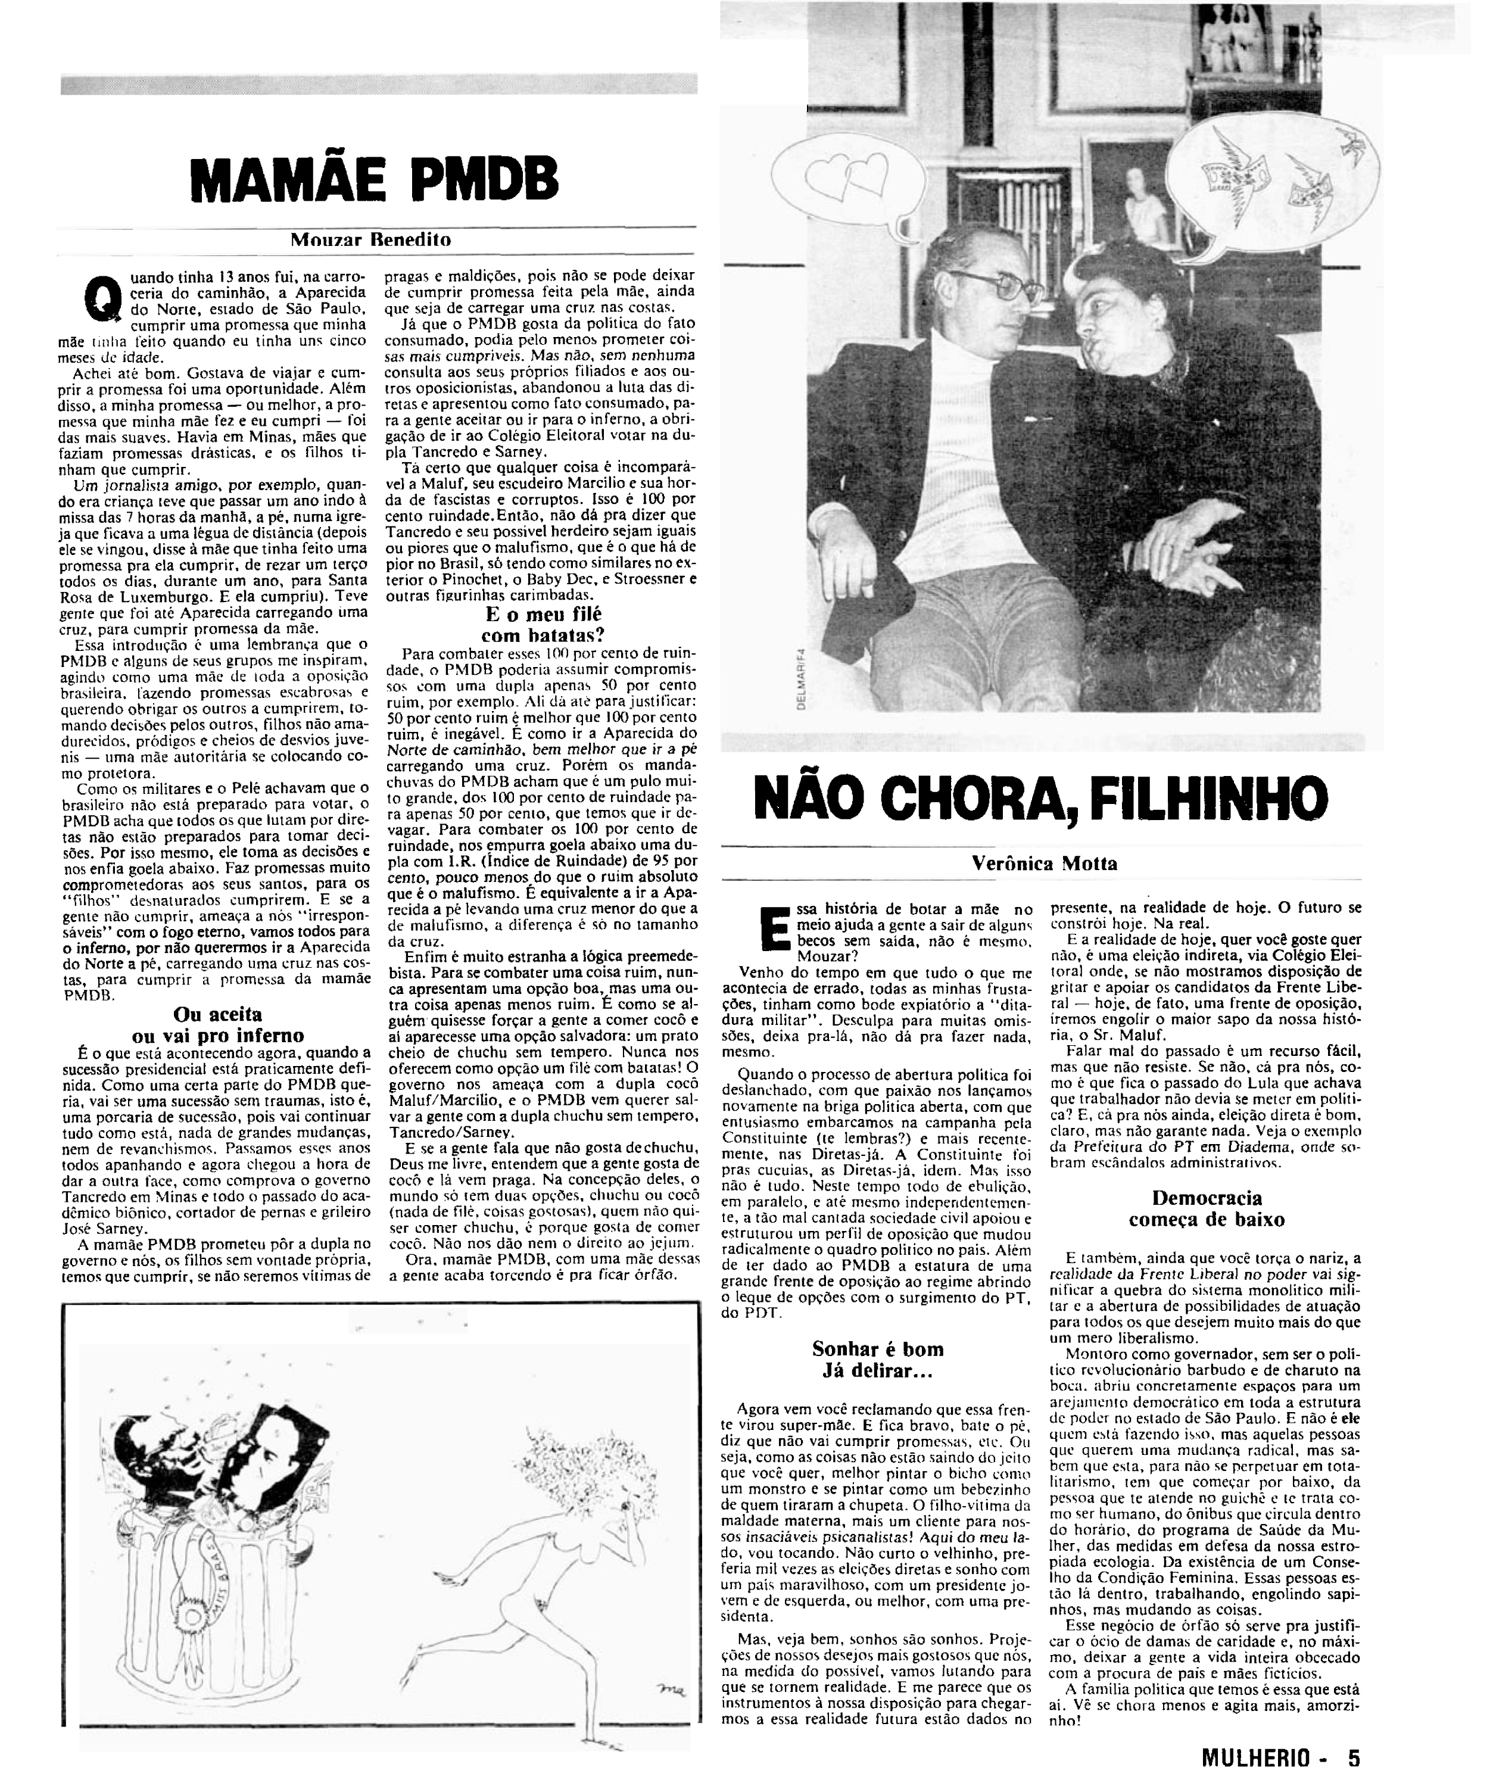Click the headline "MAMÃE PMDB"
375,180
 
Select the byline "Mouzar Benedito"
370,240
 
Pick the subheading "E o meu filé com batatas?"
543,624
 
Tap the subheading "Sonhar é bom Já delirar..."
877,1360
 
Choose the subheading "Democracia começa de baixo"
1207,1208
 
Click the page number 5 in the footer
1354,1758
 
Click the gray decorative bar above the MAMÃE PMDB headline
379,85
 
